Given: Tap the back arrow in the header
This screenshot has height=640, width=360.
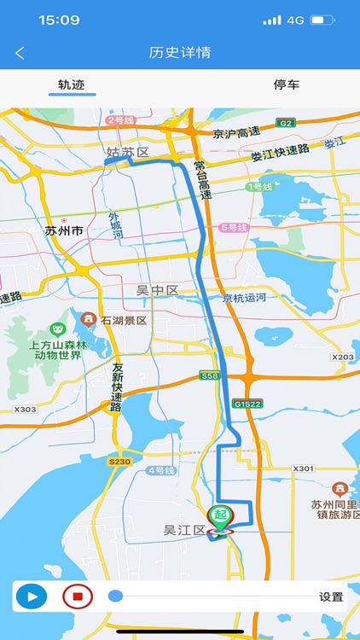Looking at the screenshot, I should (x=20, y=53).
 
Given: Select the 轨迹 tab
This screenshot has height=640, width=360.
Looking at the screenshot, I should (x=72, y=84).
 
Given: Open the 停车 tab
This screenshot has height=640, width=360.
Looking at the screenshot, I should (x=287, y=84).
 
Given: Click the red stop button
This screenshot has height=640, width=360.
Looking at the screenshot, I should (x=77, y=596).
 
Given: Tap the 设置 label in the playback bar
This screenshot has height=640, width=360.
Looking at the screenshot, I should (x=331, y=597).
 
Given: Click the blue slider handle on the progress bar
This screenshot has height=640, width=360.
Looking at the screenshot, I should (x=115, y=596).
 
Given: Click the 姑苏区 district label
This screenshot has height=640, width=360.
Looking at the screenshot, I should (x=128, y=153).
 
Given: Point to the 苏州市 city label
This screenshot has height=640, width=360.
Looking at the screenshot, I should (x=64, y=230).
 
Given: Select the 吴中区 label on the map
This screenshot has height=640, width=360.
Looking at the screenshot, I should (x=158, y=291).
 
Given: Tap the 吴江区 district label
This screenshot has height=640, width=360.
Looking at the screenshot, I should (x=184, y=531).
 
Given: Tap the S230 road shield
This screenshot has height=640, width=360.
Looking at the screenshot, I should (x=119, y=462).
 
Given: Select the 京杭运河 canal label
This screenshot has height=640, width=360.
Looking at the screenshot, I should (x=244, y=298).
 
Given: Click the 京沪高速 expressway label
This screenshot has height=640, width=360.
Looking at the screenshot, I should (x=235, y=134).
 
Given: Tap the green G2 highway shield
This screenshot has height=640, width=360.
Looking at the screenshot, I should (x=285, y=123).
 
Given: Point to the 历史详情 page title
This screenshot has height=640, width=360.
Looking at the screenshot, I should (x=180, y=53).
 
